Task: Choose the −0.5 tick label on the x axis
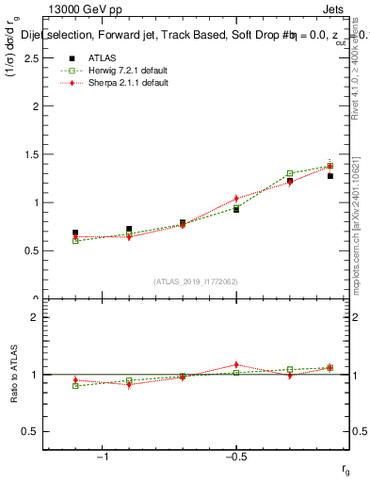coord(234,457)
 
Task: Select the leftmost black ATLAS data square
coord(75,233)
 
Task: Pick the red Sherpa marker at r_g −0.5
coord(236,199)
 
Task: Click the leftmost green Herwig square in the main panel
coord(75,241)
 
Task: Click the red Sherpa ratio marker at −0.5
coord(236,364)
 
